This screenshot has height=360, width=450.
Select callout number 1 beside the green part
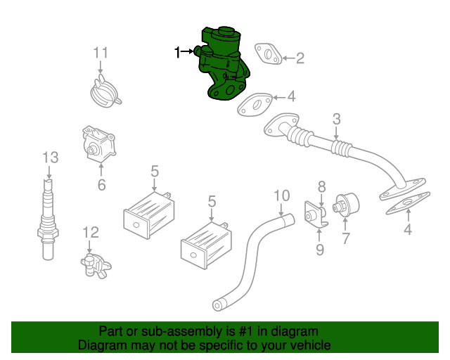click(x=177, y=53)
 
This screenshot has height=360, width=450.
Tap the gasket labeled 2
click(x=268, y=53)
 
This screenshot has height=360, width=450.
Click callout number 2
click(x=300, y=58)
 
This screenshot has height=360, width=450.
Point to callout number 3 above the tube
click(x=336, y=119)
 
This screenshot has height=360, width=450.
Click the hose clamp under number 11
click(x=105, y=91)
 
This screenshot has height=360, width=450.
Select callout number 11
click(x=101, y=53)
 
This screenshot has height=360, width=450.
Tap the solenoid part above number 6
click(x=98, y=143)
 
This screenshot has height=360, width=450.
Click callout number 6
click(x=101, y=185)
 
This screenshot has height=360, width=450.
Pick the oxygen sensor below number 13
click(x=48, y=219)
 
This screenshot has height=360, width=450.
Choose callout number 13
click(x=51, y=157)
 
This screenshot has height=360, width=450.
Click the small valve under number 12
click(x=96, y=266)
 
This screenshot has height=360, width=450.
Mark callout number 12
click(x=91, y=232)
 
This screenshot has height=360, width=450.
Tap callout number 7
click(x=346, y=238)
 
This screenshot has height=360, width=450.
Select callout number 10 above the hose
click(x=282, y=195)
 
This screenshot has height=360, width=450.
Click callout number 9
click(x=320, y=250)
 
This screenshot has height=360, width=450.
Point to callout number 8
click(x=322, y=187)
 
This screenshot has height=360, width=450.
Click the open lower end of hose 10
click(x=217, y=305)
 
